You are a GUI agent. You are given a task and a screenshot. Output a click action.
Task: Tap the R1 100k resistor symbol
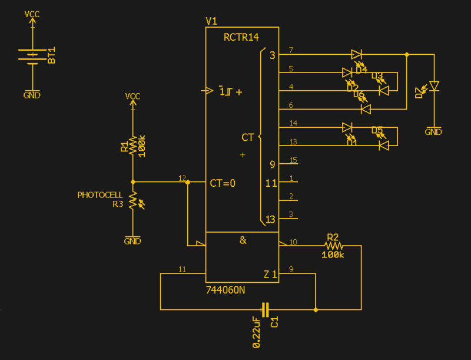133,146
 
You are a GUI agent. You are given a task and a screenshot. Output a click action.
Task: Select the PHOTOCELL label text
100,195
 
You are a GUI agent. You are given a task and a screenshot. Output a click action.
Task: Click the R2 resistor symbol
333,245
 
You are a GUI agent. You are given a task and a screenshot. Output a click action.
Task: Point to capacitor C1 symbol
265,309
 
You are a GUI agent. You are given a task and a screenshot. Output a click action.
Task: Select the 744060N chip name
225,290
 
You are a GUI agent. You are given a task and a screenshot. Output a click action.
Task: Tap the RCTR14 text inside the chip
241,37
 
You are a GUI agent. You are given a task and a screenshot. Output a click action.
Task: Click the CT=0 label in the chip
223,183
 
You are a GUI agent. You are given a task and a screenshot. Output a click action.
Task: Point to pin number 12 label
182,178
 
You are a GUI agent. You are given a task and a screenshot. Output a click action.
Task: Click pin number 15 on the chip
293,160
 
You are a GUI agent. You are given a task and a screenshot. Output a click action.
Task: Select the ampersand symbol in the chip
243,240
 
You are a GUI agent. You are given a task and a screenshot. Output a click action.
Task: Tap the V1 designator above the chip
211,21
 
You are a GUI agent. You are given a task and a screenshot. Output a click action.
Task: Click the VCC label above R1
133,96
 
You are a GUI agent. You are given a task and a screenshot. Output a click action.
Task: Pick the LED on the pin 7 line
357,54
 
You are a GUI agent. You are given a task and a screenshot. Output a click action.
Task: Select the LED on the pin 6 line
365,109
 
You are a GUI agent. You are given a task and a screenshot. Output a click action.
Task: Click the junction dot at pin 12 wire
188,183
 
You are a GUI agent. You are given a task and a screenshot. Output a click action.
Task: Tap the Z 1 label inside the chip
270,274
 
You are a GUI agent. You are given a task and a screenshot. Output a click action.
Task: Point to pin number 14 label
293,123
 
